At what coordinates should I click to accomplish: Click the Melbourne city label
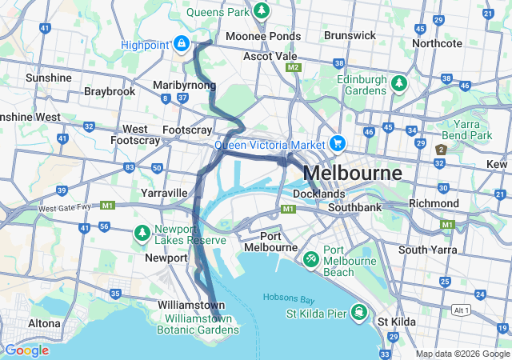(x=352, y=173)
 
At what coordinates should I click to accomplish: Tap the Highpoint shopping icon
(x=182, y=43)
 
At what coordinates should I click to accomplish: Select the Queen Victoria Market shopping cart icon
(x=338, y=144)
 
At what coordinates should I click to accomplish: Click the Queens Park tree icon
(x=261, y=11)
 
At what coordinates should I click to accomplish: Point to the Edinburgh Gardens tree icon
(x=398, y=82)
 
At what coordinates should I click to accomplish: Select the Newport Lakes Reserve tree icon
(x=142, y=233)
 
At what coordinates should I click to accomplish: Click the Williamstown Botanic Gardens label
(x=195, y=323)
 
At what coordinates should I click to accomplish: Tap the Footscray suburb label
(x=187, y=130)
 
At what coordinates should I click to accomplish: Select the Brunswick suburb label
(x=350, y=35)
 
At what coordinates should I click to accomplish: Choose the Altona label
(x=44, y=323)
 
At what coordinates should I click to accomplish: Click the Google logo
(x=26, y=350)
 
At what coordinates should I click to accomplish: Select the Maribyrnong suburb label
(x=184, y=85)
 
